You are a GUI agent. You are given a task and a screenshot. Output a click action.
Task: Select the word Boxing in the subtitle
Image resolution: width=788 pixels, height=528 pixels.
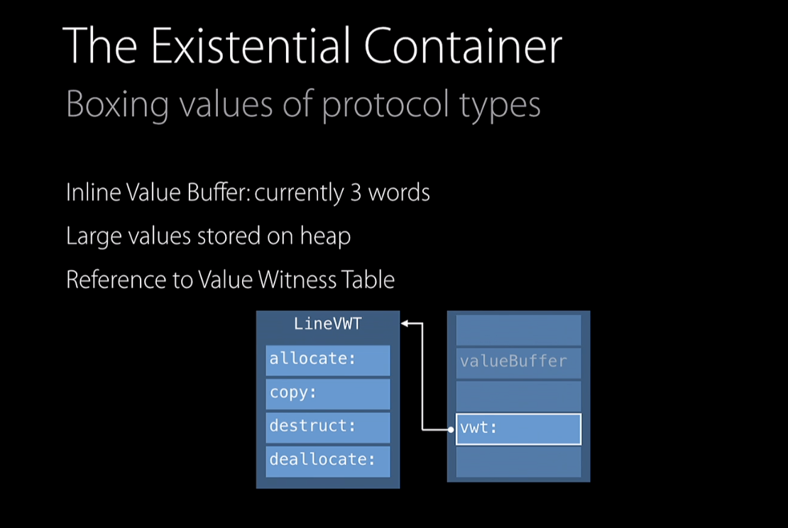[x=117, y=104]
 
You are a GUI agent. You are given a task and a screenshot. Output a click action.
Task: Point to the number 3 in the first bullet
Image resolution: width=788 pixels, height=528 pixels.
[x=356, y=192]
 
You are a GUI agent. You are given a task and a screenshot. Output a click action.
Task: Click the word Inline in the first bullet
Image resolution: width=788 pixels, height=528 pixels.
[x=88, y=192]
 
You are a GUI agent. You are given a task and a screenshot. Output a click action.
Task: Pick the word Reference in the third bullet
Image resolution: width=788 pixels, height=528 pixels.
[x=107, y=279]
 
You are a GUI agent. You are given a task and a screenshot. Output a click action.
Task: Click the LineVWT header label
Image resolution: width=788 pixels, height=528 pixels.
[x=328, y=324]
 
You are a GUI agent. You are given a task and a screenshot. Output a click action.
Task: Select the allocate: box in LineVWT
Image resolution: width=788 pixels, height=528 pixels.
[x=328, y=360]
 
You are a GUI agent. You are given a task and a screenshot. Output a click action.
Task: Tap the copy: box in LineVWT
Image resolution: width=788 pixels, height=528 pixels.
[x=328, y=393]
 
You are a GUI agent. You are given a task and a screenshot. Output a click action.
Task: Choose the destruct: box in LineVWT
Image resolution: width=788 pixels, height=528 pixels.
[x=328, y=427]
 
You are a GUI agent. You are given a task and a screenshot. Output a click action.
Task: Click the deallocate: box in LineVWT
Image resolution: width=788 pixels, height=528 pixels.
[x=328, y=460]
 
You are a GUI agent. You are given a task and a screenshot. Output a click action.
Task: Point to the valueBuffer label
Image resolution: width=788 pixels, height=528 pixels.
[x=513, y=361]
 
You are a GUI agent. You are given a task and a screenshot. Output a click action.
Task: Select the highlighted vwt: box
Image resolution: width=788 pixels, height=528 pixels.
[x=518, y=429]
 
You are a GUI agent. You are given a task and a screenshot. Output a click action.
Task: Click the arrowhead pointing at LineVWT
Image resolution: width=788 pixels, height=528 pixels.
[x=405, y=324]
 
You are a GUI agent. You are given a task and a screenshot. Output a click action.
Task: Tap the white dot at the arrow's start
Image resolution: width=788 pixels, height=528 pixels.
[x=451, y=429]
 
